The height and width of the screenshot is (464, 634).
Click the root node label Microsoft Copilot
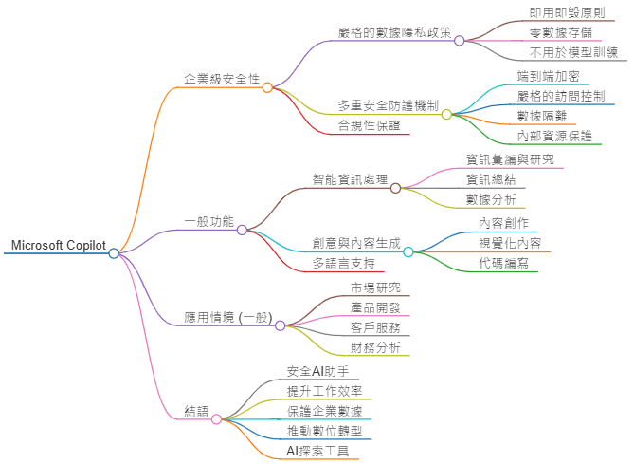pyautogui.click(x=58, y=245)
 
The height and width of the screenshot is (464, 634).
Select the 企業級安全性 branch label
pyautogui.click(x=222, y=78)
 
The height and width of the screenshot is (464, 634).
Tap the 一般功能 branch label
pyautogui.click(x=209, y=221)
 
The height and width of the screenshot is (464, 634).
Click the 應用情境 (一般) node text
pyautogui.click(x=227, y=317)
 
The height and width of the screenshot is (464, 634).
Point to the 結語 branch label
pyautogui.click(x=197, y=411)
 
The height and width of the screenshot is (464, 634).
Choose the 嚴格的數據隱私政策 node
pyautogui.click(x=393, y=32)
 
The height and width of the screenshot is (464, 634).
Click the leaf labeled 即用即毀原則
pyautogui.click(x=567, y=12)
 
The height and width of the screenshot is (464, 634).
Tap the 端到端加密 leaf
pyautogui.click(x=549, y=76)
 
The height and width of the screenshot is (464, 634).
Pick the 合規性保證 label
pyautogui.click(x=369, y=125)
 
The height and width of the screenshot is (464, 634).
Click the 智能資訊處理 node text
pyautogui.click(x=351, y=178)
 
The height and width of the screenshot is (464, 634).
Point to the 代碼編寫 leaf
pyautogui.click(x=503, y=263)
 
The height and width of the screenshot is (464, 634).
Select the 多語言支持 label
pyautogui.click(x=343, y=263)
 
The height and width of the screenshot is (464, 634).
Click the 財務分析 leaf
pyautogui.click(x=375, y=347)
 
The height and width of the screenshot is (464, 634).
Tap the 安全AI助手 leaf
pyautogui.click(x=317, y=370)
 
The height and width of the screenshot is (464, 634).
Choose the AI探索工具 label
pyautogui.click(x=317, y=451)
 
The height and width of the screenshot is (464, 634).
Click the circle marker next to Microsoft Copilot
pyautogui.click(x=114, y=253)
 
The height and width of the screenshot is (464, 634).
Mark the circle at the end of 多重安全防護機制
pyautogui.click(x=446, y=114)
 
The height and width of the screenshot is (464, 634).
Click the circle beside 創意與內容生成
pyautogui.click(x=408, y=251)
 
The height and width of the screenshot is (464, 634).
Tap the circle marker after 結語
pyautogui.click(x=216, y=418)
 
